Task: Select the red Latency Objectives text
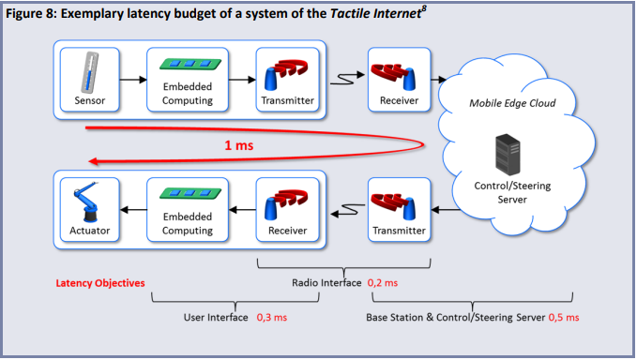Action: click(100, 281)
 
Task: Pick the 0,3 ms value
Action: click(274, 318)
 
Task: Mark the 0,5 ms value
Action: click(566, 318)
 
